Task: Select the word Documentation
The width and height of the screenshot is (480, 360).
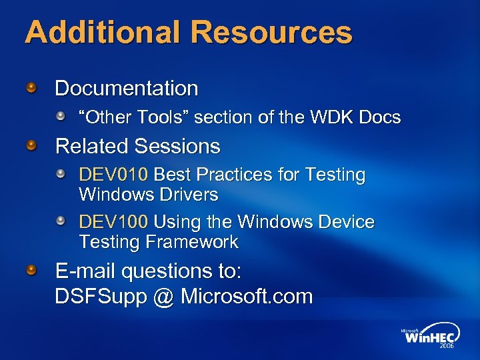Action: click(x=127, y=88)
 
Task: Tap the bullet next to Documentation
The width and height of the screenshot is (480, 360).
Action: click(x=31, y=87)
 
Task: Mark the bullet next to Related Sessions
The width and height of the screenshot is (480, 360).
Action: click(x=31, y=145)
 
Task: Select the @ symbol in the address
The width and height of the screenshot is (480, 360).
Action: click(x=162, y=297)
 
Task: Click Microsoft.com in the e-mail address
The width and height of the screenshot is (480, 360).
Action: click(x=247, y=296)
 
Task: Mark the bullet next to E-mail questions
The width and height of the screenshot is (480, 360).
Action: click(x=31, y=271)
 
